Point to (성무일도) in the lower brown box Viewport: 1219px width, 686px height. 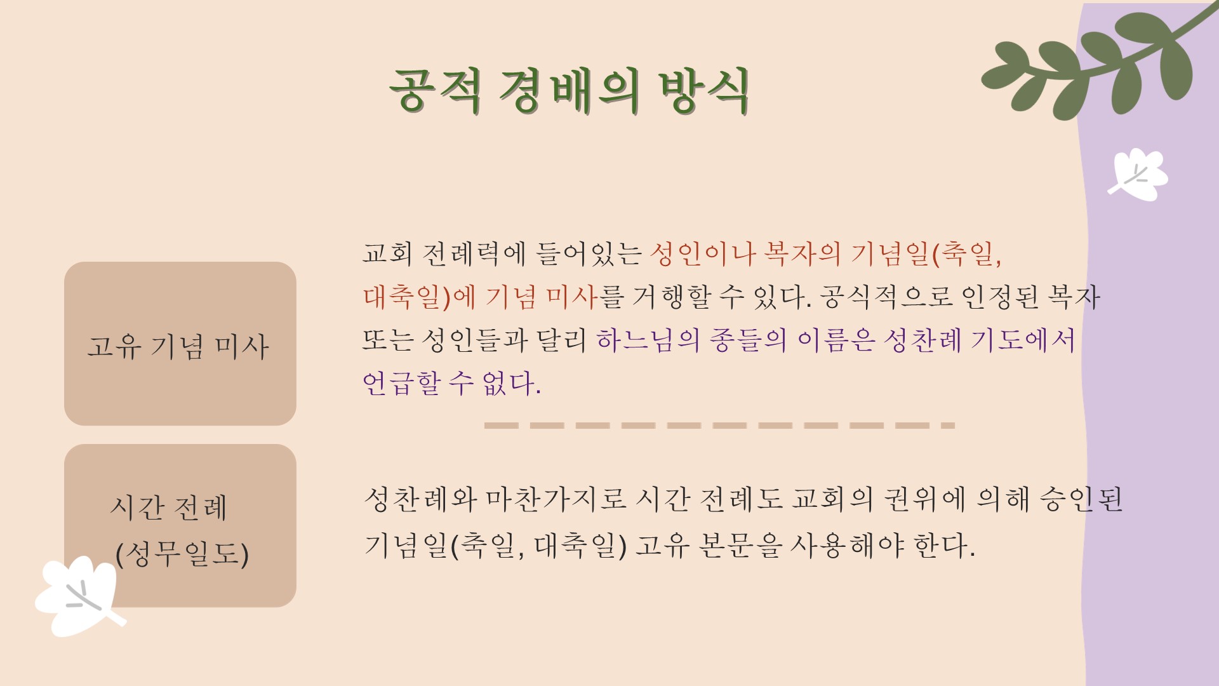(182, 554)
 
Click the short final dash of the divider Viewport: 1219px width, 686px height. (948, 426)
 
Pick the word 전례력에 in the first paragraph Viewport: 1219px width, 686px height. (474, 254)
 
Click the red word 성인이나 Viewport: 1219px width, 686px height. (702, 254)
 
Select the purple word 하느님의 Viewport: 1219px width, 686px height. (648, 340)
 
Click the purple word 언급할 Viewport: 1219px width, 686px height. (401, 384)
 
